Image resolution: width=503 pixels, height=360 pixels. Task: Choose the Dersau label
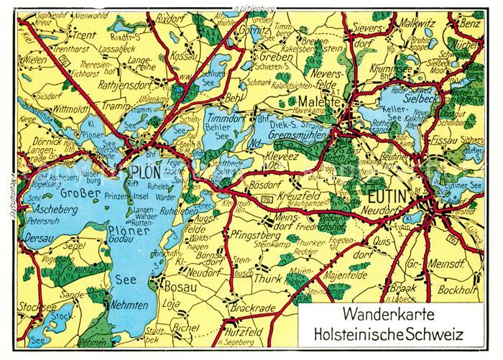[38, 234]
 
